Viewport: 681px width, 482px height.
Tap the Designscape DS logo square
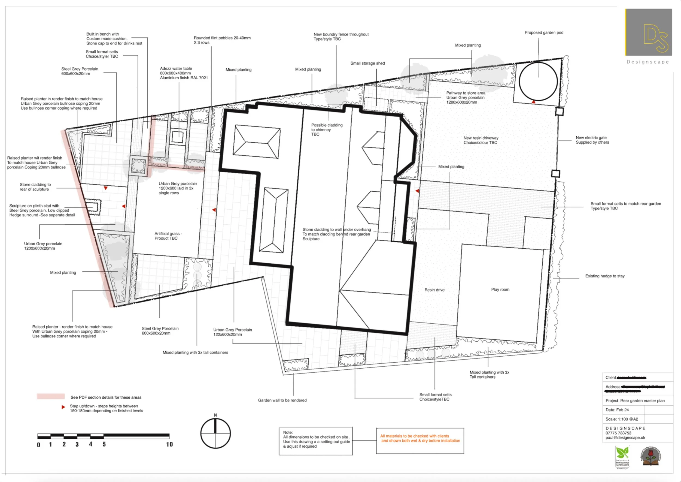pyautogui.click(x=649, y=32)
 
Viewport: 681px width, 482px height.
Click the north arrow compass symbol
pyautogui.click(x=215, y=433)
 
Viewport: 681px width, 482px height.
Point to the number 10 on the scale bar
pyautogui.click(x=169, y=444)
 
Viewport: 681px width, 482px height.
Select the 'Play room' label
pyautogui.click(x=500, y=289)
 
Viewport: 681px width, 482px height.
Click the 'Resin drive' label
pyautogui.click(x=434, y=290)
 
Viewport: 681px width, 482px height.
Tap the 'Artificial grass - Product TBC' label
pyautogui.click(x=168, y=236)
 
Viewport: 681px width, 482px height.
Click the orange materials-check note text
pyautogui.click(x=420, y=438)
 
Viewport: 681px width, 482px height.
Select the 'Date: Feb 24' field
pyautogui.click(x=617, y=410)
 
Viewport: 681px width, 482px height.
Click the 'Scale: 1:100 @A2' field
pyautogui.click(x=622, y=419)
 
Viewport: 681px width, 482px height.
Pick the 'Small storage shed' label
pyautogui.click(x=367, y=63)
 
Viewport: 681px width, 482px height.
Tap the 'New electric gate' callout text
pyautogui.click(x=592, y=140)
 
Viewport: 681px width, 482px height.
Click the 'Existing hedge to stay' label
pyautogui.click(x=605, y=276)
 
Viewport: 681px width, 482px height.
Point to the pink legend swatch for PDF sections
pyautogui.click(x=51, y=396)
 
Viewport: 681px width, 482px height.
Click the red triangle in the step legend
pyautogui.click(x=63, y=407)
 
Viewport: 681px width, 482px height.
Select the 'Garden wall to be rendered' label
pyautogui.click(x=282, y=400)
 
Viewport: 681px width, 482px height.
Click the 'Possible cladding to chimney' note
pyautogui.click(x=326, y=130)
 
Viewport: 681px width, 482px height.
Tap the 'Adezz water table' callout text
pyautogui.click(x=184, y=73)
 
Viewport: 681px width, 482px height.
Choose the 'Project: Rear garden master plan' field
pyautogui.click(x=635, y=401)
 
